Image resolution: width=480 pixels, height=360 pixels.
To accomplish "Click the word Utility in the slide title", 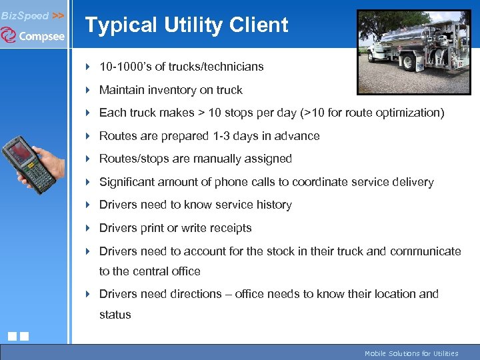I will pyautogui.click(x=194, y=25).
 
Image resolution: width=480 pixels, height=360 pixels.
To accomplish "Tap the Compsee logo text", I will pyautogui.click(x=41, y=37).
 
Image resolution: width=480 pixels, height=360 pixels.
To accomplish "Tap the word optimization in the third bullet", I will pyautogui.click(x=409, y=113).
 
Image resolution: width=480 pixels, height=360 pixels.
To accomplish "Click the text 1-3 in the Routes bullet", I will pyautogui.click(x=224, y=136).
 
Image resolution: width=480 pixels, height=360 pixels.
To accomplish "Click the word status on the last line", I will pyautogui.click(x=115, y=315).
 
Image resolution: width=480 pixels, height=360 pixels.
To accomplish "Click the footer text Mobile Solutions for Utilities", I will pyautogui.click(x=411, y=353).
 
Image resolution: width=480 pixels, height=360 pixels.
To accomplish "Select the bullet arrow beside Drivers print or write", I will pyautogui.click(x=89, y=228).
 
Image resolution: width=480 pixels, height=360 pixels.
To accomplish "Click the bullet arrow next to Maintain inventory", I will pyautogui.click(x=89, y=90).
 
